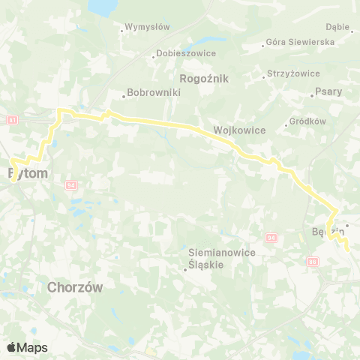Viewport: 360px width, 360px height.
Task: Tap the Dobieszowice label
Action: click(x=187, y=53)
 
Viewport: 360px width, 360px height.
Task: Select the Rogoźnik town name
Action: click(x=205, y=78)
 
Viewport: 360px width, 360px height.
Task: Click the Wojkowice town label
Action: click(x=240, y=130)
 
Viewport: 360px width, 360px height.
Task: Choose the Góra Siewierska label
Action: click(x=300, y=42)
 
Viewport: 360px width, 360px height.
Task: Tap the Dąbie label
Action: click(x=339, y=27)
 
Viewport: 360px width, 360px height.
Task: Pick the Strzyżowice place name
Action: click(x=293, y=74)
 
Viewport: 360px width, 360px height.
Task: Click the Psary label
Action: click(x=329, y=92)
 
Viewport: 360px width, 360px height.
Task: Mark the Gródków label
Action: click(x=307, y=121)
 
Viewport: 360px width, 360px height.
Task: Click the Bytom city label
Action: click(x=28, y=173)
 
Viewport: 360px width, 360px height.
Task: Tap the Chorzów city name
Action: click(x=74, y=287)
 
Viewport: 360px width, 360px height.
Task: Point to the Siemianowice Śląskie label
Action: click(x=222, y=259)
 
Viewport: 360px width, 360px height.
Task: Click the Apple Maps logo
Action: click(x=27, y=347)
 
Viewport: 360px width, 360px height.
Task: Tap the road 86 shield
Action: click(x=312, y=262)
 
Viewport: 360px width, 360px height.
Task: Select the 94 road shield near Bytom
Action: click(x=71, y=183)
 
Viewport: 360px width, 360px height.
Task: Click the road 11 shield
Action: click(x=13, y=120)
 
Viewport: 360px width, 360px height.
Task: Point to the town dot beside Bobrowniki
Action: click(x=124, y=95)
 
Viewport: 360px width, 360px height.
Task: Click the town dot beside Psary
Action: click(x=313, y=95)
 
